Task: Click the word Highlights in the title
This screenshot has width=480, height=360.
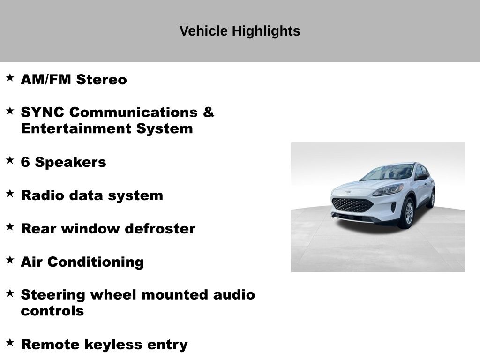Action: click(x=266, y=31)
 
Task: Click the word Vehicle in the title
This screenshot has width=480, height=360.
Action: click(x=203, y=31)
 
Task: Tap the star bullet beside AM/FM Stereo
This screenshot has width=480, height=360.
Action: click(x=10, y=77)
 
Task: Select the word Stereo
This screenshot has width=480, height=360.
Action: click(x=101, y=80)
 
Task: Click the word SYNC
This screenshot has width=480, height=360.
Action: click(x=43, y=112)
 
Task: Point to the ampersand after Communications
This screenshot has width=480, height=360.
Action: click(x=208, y=112)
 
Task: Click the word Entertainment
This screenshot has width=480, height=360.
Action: click(x=76, y=128)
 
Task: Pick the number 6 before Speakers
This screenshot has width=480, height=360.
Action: click(x=25, y=162)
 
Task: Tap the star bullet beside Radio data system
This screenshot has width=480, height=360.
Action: click(x=10, y=193)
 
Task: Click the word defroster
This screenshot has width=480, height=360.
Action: click(x=160, y=229)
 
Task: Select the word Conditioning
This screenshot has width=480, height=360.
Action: click(x=96, y=262)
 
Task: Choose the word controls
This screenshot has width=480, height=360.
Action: click(x=52, y=311)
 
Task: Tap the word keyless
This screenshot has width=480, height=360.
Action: click(x=113, y=345)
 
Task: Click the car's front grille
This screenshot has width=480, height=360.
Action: click(x=352, y=205)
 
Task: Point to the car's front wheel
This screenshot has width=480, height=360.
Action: click(x=408, y=213)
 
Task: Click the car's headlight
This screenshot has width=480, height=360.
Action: click(x=388, y=190)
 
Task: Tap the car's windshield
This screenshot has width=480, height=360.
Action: click(x=387, y=172)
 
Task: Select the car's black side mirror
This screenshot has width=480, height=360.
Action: click(x=421, y=177)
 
